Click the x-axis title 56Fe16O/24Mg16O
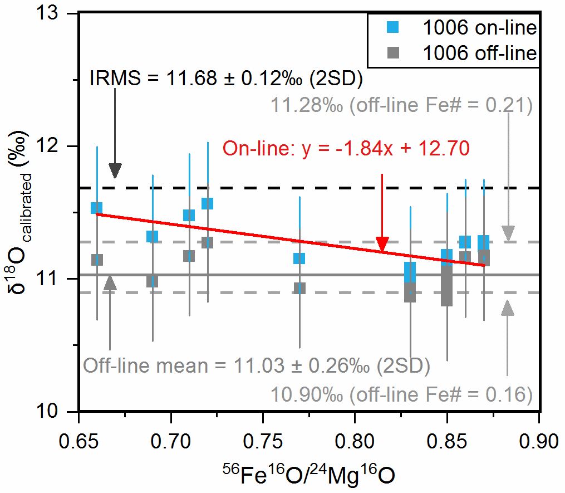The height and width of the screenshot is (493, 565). tap(309, 475)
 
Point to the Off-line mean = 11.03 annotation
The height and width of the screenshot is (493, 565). tap(256, 367)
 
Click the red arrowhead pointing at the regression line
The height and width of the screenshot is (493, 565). tap(382, 244)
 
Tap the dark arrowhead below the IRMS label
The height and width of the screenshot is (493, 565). tap(115, 170)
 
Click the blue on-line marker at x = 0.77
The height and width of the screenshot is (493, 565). tap(299, 258)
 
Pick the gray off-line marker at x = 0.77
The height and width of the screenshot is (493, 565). tap(299, 288)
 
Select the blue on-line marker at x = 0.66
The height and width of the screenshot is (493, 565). tap(97, 208)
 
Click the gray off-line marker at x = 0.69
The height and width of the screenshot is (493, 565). tap(152, 281)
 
